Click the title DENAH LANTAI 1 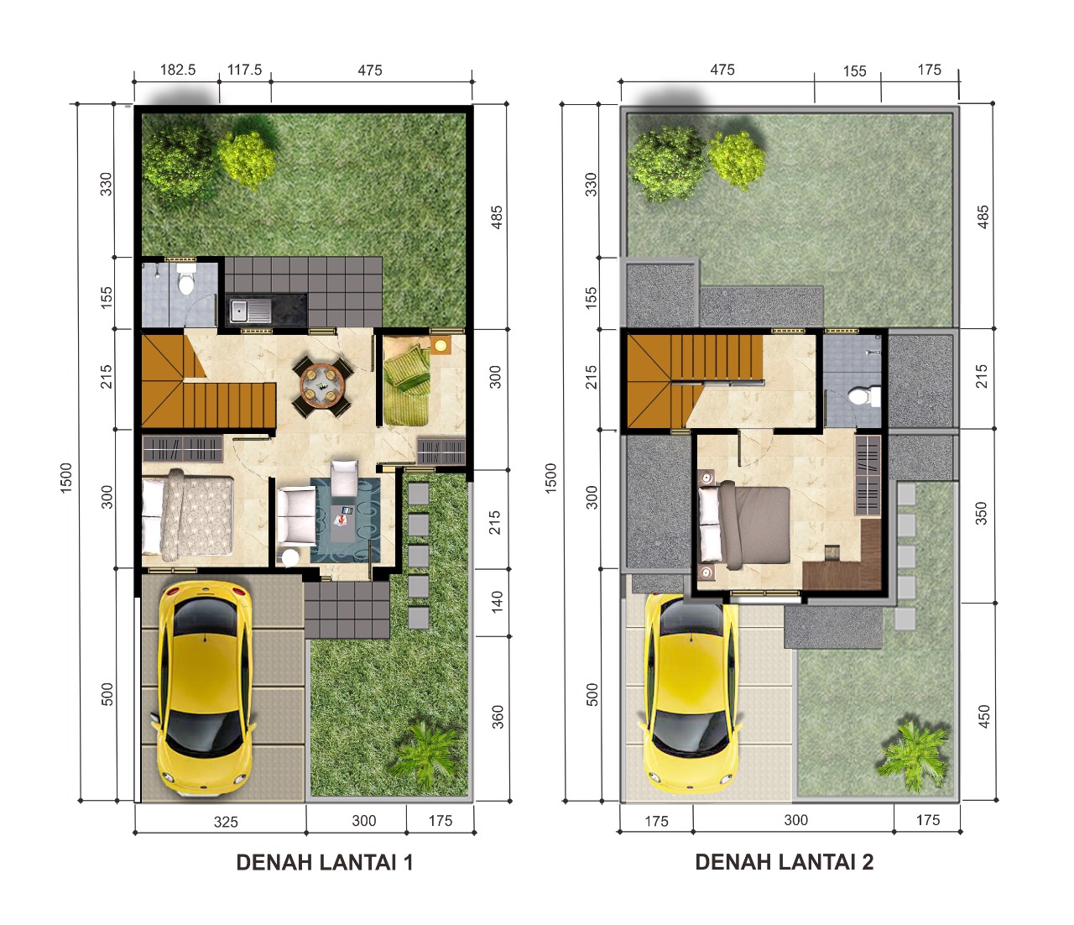click(x=324, y=862)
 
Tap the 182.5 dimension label click(x=178, y=70)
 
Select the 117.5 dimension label click(x=245, y=70)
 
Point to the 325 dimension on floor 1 click(x=226, y=822)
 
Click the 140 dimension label click(x=497, y=602)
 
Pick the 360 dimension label click(x=498, y=717)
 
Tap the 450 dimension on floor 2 click(x=983, y=716)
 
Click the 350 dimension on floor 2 click(x=981, y=513)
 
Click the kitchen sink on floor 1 click(x=249, y=311)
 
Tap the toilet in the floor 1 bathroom click(x=185, y=279)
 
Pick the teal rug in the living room click(x=345, y=520)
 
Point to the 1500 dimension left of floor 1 click(x=66, y=478)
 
